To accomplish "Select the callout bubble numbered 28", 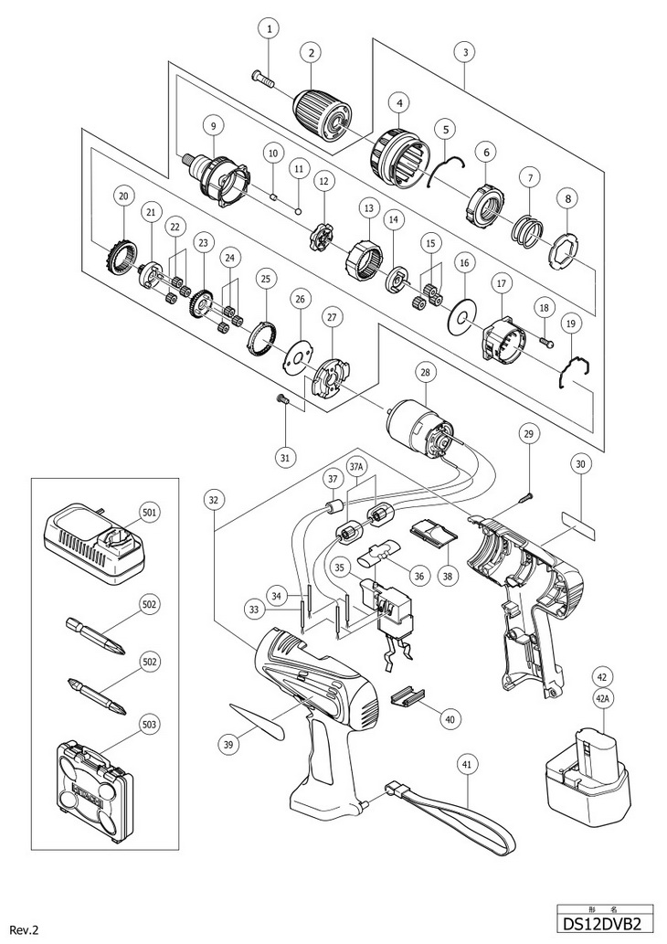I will pos(424,372).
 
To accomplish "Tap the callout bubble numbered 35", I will pos(341,568).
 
